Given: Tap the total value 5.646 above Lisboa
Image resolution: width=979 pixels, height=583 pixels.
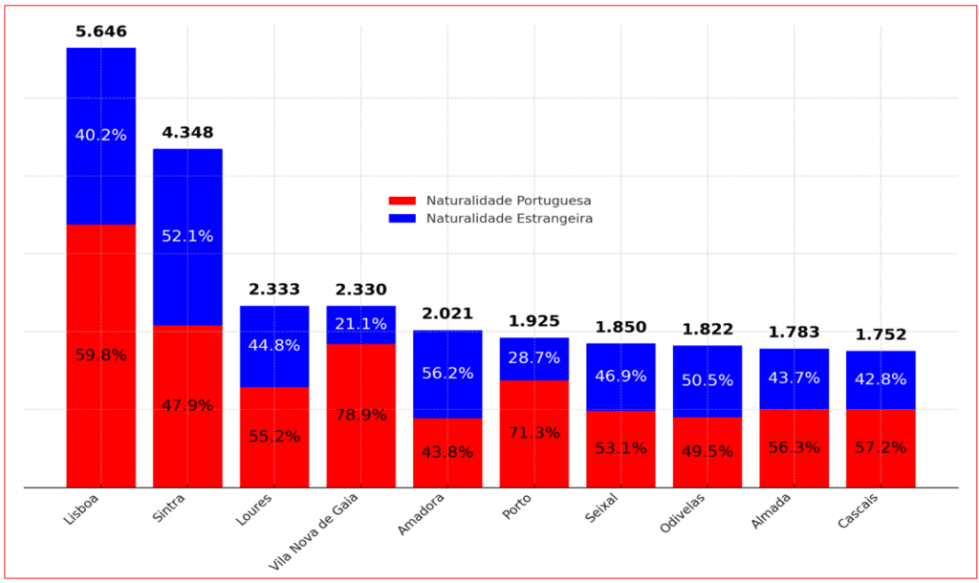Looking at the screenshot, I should point(100,32).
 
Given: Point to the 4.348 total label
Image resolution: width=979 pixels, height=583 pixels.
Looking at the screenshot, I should point(187,133).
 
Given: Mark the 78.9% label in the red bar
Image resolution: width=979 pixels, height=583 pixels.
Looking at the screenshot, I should point(360,415).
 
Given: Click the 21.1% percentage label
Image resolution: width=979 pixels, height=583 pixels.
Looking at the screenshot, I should point(360,324).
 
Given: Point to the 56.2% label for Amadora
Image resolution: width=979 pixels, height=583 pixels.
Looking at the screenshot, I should point(447,373).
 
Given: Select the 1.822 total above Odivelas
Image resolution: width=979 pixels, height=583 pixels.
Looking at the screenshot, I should point(707,330).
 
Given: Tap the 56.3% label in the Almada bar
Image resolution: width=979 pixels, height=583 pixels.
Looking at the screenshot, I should point(794,446).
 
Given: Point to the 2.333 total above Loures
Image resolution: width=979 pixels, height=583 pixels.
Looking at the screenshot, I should point(274,290).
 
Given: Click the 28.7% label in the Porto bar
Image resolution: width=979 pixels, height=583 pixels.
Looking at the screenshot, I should point(534,358).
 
